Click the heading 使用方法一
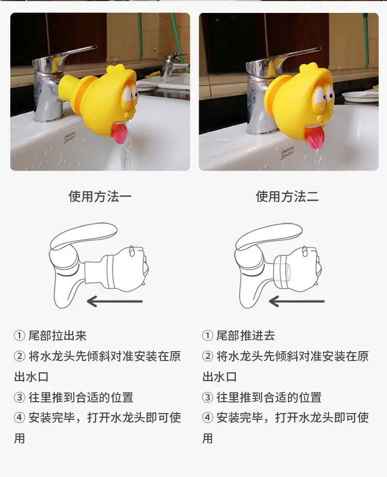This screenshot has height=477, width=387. tap(100, 196)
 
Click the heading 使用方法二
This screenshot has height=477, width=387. tap(287, 196)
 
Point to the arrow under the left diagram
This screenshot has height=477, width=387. tap(115, 301)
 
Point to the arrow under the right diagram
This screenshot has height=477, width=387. tap(297, 301)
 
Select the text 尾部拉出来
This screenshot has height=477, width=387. tap(58, 336)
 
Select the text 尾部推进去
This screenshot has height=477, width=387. tap(246, 336)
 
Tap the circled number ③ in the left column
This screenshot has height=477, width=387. tap(20, 397)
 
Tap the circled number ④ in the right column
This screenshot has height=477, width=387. tap(207, 418)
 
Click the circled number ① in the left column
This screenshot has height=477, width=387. tap(20, 336)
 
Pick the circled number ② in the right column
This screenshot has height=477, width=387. tap(207, 356)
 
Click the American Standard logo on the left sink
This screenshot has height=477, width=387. tap(70, 138)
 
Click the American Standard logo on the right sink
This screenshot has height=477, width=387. tap(287, 153)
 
